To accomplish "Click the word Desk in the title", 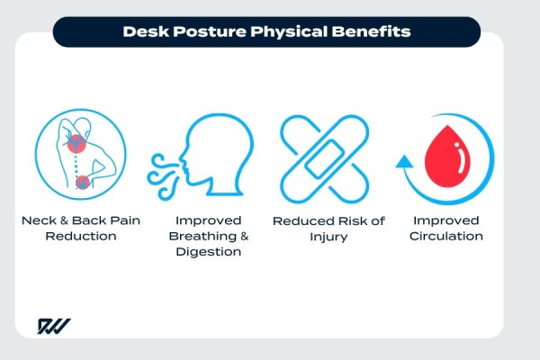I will [x=141, y=32].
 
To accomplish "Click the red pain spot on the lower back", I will [x=83, y=183].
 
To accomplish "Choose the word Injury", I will [x=328, y=237].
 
